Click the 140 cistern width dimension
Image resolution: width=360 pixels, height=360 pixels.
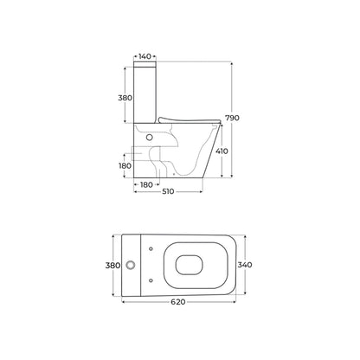tap(145, 56)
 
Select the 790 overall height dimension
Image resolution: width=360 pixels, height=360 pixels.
tap(232, 118)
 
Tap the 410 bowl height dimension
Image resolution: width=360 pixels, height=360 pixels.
tap(222, 151)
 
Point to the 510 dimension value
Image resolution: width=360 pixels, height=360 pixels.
tap(168, 191)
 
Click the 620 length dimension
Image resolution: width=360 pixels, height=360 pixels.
tap(178, 302)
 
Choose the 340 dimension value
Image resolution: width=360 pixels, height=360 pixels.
tap(245, 265)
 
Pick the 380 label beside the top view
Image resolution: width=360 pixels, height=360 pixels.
tap(112, 265)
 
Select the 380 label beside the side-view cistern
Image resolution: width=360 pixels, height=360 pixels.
tap(125, 98)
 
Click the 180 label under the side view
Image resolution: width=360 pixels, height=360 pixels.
tap(146, 184)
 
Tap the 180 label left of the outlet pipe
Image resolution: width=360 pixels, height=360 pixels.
tap(125, 166)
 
